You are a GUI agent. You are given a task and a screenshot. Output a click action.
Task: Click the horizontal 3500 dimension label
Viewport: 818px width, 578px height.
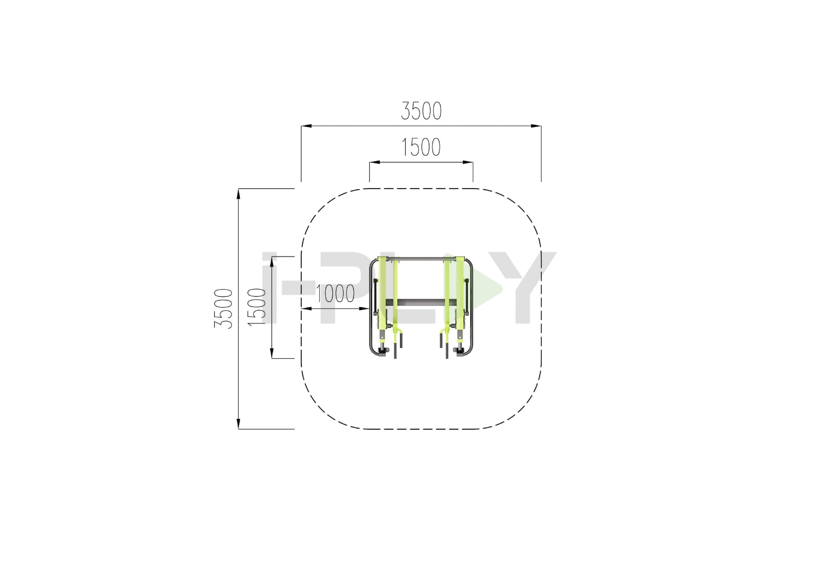(421, 111)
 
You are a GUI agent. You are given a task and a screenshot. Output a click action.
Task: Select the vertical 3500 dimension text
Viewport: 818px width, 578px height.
(223, 308)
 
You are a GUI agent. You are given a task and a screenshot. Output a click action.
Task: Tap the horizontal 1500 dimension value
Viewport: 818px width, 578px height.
(421, 147)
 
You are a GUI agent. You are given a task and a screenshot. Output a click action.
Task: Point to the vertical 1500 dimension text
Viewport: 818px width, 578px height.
(257, 307)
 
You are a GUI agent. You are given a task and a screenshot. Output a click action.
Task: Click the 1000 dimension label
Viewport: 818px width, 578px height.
(335, 293)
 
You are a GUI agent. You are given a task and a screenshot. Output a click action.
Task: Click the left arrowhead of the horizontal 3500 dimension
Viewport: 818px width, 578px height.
(306, 126)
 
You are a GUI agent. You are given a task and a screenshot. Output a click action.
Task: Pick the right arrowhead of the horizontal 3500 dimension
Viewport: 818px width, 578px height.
(536, 126)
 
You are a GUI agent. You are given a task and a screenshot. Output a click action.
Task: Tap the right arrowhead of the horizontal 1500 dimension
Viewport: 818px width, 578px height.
(468, 163)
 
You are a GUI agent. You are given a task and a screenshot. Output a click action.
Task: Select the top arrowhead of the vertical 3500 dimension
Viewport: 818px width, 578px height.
(239, 194)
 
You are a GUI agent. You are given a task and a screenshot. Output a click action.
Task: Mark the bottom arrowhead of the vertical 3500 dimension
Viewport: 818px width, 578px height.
(239, 423)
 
